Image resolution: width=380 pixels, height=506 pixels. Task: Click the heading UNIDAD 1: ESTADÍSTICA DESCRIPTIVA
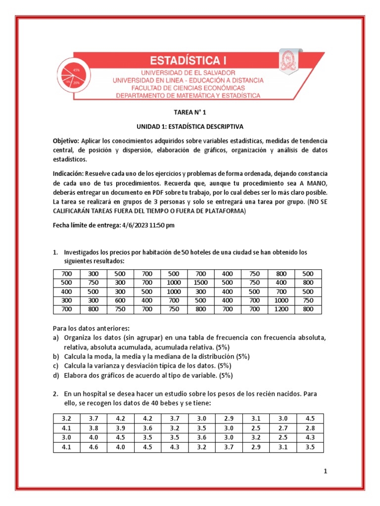[x=190, y=126]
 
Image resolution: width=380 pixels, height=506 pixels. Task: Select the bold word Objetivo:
[x=66, y=141]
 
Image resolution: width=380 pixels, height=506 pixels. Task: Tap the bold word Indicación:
[x=68, y=174]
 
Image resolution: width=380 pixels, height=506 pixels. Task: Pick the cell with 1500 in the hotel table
[x=200, y=283]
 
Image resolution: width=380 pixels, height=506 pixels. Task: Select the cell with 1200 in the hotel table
[x=281, y=310]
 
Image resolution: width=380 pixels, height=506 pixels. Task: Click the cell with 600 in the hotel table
[x=120, y=300]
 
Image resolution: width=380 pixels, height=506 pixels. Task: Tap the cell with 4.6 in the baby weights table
[x=93, y=448]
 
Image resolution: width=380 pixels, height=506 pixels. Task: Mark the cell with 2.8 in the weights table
[x=309, y=428]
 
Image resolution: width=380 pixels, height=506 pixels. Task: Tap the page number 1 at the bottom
[x=325, y=471]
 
